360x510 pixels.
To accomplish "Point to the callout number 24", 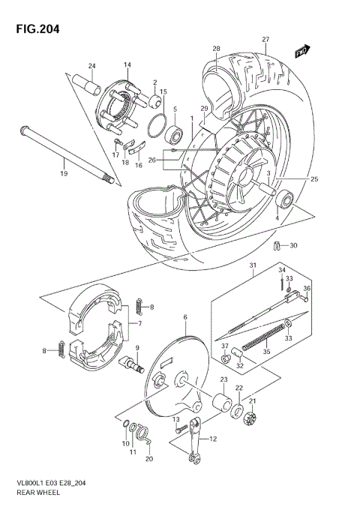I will (92, 65).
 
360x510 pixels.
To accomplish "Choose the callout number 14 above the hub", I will (127, 65).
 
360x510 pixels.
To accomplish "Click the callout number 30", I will (293, 245).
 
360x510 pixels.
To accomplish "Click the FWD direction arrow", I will (303, 50).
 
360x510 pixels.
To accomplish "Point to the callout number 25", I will (314, 179).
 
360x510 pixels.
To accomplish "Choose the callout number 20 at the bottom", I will (149, 458).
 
